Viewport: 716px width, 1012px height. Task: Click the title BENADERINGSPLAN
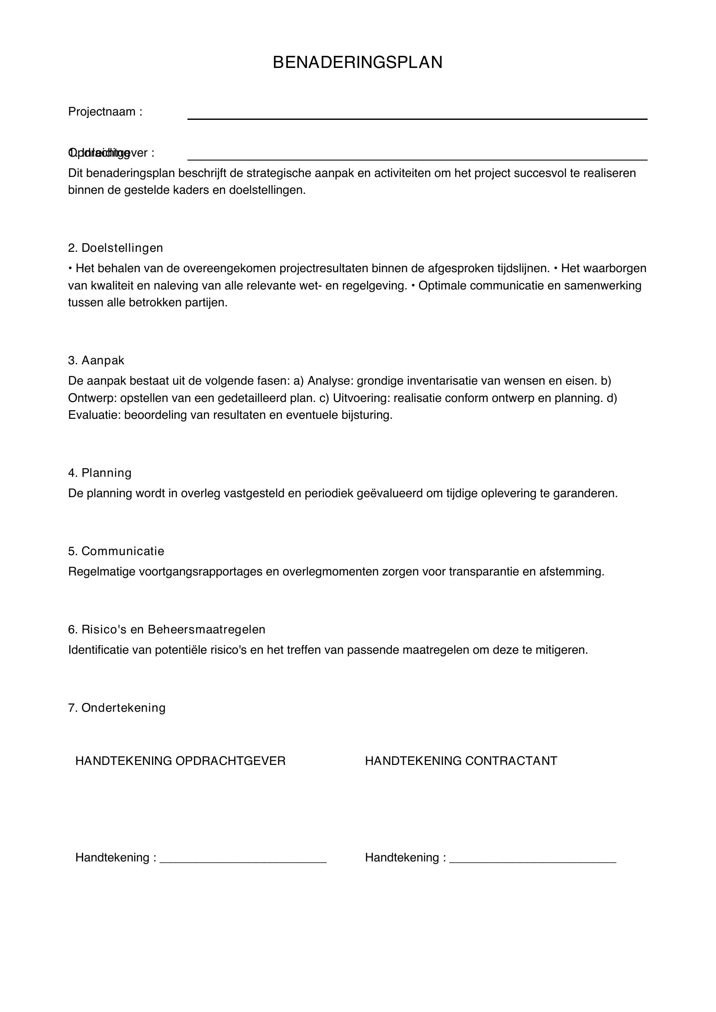pos(358,63)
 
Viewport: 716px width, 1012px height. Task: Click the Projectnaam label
pos(105,112)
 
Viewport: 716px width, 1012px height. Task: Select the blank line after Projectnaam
pos(417,118)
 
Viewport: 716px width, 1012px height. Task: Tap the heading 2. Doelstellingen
pos(116,248)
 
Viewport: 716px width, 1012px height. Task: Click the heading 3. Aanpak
pos(96,360)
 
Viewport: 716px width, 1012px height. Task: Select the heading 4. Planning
pos(100,473)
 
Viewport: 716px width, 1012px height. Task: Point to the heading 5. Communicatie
pos(116,551)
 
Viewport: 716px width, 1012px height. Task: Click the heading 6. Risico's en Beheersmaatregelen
pos(167,630)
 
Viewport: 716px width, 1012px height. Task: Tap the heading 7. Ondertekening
pos(117,708)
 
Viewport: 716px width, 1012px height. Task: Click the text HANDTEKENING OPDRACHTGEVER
pos(181,761)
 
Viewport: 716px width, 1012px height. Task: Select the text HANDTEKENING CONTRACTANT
pos(461,761)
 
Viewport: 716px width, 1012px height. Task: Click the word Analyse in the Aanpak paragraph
pos(330,380)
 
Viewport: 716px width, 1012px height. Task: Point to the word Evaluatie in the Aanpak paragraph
pos(94,415)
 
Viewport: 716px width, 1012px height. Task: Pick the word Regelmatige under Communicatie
pos(102,572)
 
